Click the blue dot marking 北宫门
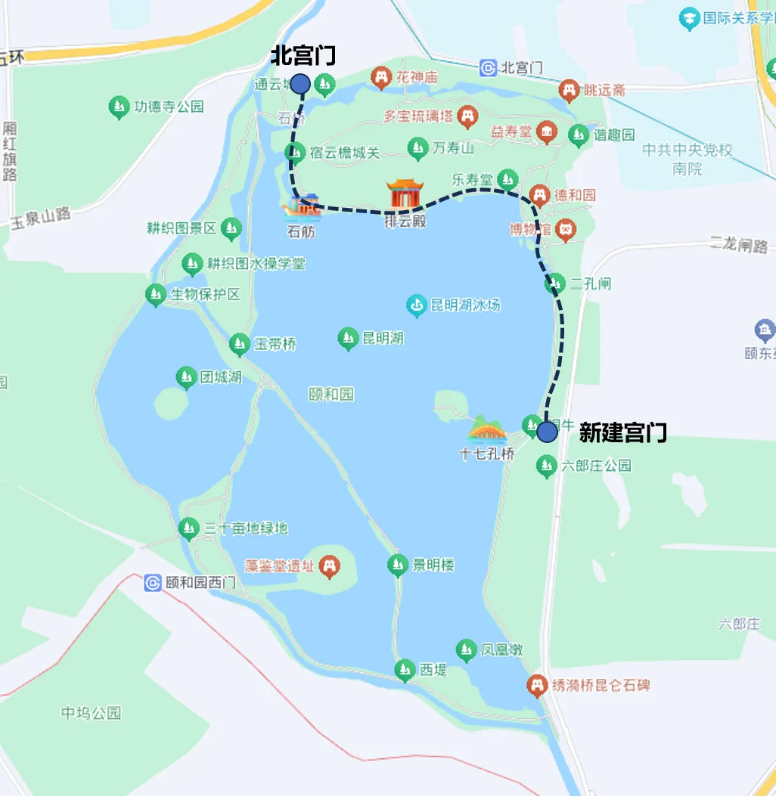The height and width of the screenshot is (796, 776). pos(300,83)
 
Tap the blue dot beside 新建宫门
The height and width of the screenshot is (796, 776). pos(547,432)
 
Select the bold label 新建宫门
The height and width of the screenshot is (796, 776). pos(622,432)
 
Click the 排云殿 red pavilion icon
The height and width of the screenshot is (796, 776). pos(405,194)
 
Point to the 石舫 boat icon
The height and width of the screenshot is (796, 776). pos(302,207)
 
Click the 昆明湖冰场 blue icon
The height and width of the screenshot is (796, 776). pos(416,305)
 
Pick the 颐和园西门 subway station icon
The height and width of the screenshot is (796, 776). pos(153,583)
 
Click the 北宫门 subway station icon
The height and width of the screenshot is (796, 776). pos(489,68)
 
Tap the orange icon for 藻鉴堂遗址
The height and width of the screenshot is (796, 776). pos(329,565)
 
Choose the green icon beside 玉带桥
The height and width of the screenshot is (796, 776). pos(240,345)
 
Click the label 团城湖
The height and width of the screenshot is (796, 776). pos(221,376)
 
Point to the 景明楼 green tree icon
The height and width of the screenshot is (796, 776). pos(398,565)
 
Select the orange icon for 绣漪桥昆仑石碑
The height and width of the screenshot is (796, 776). pos(537,685)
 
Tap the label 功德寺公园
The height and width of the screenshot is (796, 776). pos(169,107)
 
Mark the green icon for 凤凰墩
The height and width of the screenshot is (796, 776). pos(466,649)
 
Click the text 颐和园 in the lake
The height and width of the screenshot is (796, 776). pos(331,394)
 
